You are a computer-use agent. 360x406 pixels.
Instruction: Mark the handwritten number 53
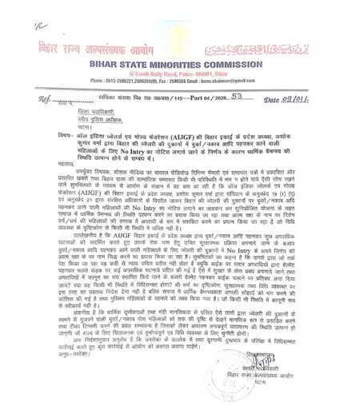[x=237, y=98]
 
